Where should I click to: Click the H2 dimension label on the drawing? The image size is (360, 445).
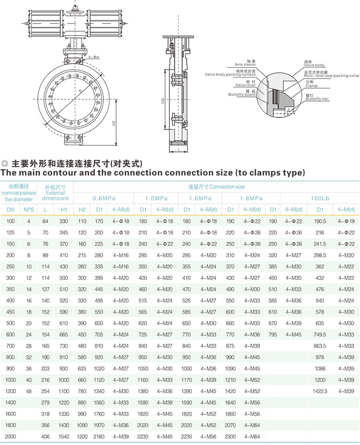pos(114,123)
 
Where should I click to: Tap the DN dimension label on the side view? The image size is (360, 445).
pos(163,101)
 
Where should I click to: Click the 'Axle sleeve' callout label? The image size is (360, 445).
pos(245,64)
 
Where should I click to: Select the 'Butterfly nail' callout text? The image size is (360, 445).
pos(317,99)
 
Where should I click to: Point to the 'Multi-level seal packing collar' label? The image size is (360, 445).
pos(332,76)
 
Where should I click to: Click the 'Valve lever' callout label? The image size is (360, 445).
pos(245,85)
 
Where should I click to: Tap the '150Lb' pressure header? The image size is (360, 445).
pos(320,199)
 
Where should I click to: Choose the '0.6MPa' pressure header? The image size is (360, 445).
pos(104,199)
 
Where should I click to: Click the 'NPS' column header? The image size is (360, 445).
pos(29,210)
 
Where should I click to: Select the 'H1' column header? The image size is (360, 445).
pos(64,210)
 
